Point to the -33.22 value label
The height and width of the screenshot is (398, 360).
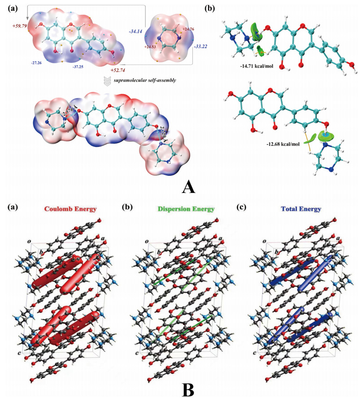pos(201,46)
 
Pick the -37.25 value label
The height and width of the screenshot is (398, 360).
pos(79,66)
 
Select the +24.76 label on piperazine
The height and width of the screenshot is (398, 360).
pos(188,29)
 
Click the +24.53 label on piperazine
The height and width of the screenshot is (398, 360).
pos(151,46)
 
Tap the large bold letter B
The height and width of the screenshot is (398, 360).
pos(189,389)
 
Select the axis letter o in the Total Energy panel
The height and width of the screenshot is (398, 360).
pos(265,241)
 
